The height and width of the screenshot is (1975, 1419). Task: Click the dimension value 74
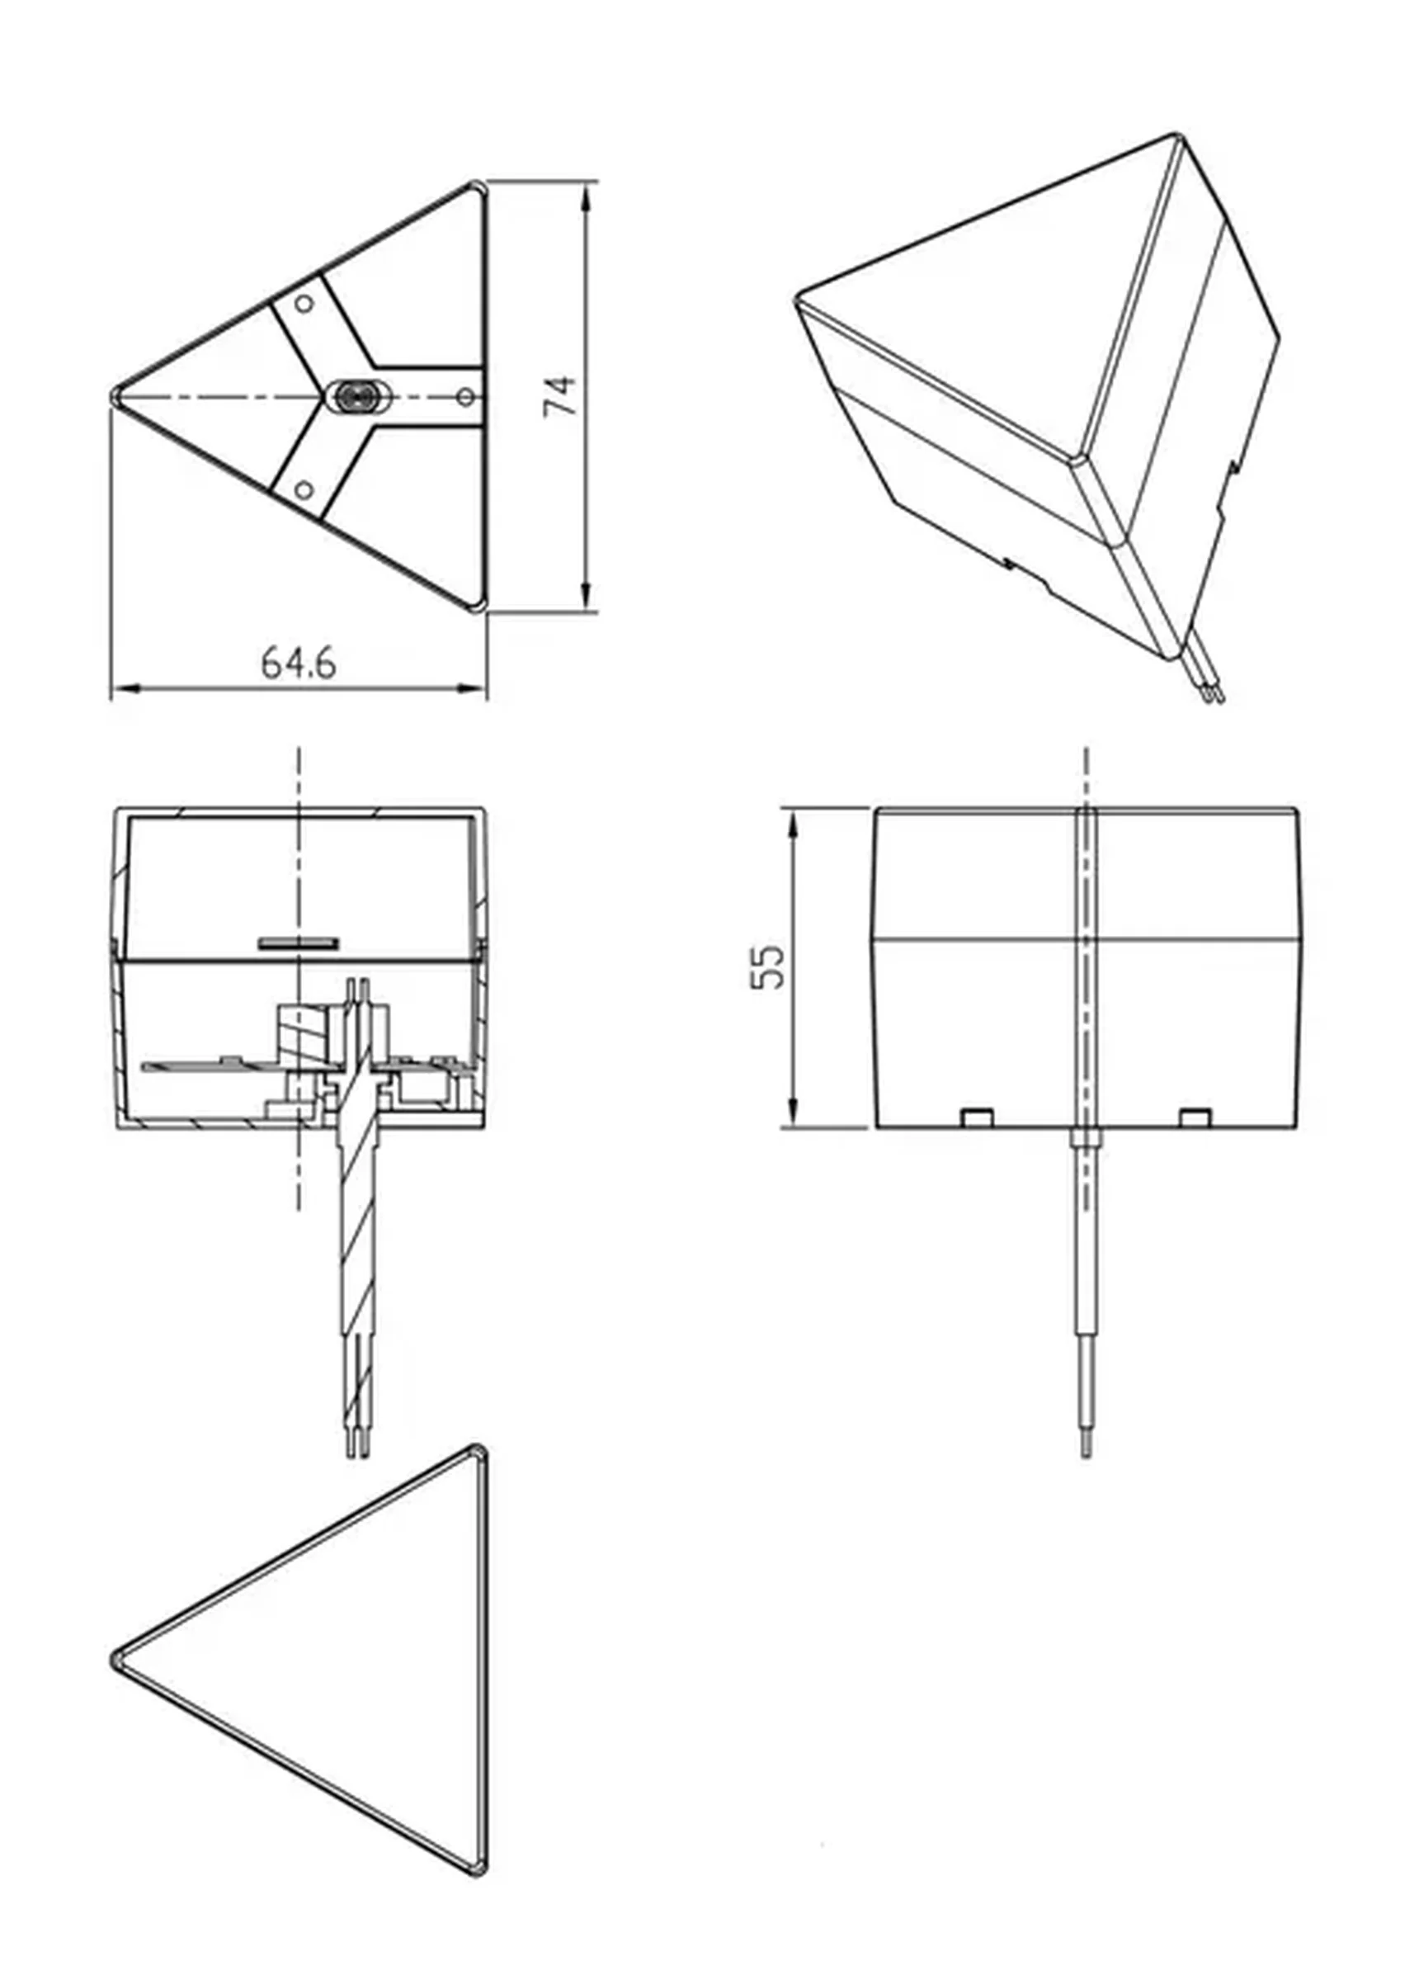tap(560, 396)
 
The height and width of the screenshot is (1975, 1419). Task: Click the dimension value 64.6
tap(299, 664)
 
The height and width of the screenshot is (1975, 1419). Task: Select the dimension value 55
tap(767, 966)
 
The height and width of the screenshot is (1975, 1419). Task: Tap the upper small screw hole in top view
tap(304, 303)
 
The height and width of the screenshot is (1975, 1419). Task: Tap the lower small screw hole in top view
tap(304, 489)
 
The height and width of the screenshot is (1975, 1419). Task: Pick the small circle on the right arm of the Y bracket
tap(466, 397)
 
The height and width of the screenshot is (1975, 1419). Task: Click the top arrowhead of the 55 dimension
tap(793, 823)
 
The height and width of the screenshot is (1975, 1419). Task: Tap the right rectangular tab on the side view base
tap(1195, 1117)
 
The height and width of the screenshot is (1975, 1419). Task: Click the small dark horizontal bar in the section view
tap(299, 943)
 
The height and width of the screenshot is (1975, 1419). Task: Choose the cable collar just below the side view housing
tap(1086, 1138)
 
